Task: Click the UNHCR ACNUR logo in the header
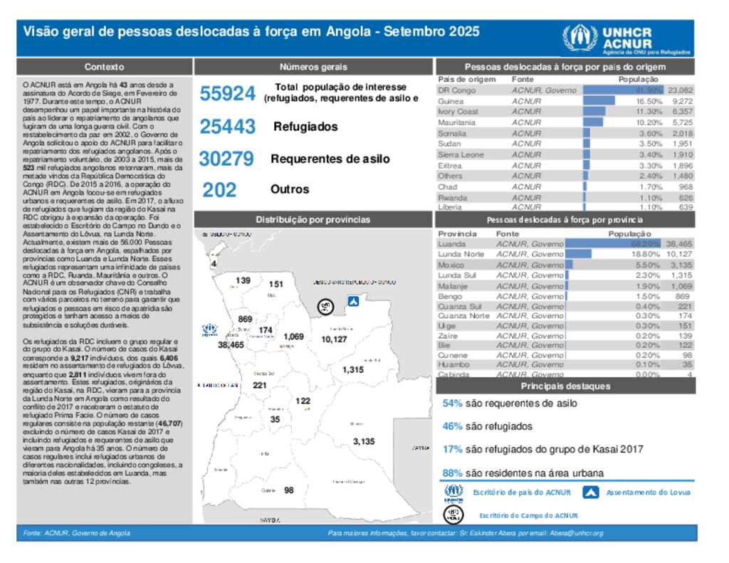pyautogui.click(x=626, y=40)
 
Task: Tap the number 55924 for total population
pyautogui.click(x=227, y=94)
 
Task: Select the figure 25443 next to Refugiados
pyautogui.click(x=227, y=127)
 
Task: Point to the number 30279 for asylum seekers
pyautogui.click(x=227, y=159)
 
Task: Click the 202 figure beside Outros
pyautogui.click(x=219, y=190)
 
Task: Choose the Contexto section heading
pyautogui.click(x=104, y=67)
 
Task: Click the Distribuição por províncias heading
pyautogui.click(x=313, y=219)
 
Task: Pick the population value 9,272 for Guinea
pyautogui.click(x=681, y=101)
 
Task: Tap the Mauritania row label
pyautogui.click(x=456, y=122)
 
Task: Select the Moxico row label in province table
pyautogui.click(x=451, y=265)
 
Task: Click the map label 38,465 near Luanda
pyautogui.click(x=231, y=344)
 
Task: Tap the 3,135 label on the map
pyautogui.click(x=363, y=441)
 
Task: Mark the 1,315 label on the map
pyautogui.click(x=352, y=370)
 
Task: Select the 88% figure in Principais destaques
pyautogui.click(x=452, y=473)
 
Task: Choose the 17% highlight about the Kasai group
pyautogui.click(x=452, y=449)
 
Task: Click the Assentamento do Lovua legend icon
pyautogui.click(x=591, y=492)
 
